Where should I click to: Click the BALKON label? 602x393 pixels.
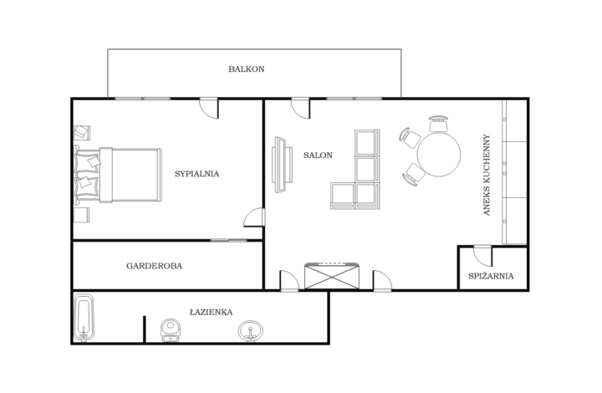247,69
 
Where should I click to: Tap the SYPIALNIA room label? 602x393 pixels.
196,174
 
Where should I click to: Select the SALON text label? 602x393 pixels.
318,156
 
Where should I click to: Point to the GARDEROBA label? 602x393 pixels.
154,266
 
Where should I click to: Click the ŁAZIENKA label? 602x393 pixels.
211,312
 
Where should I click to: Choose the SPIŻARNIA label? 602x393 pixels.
492,275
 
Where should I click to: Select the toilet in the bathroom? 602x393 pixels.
171,329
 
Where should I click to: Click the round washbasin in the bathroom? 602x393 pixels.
249,332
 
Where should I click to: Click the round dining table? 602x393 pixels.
439,156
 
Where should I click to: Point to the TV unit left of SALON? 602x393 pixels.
280,164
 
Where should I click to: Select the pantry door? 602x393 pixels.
482,254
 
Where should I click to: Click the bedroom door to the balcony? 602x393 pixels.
208,108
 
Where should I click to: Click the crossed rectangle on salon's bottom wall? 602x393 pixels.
332,275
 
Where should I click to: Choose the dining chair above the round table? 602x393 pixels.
438,124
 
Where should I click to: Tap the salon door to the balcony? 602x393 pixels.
300,108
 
